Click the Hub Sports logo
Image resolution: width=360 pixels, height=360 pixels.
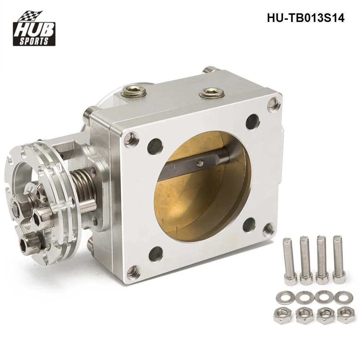(x=34, y=28)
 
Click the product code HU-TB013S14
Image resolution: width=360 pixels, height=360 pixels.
(x=305, y=18)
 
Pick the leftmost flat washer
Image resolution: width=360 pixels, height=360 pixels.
(x=283, y=298)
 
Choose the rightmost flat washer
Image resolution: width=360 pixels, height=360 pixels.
(x=341, y=297)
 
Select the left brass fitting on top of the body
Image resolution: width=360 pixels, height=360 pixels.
(x=134, y=92)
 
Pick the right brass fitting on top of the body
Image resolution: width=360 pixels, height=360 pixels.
(x=212, y=93)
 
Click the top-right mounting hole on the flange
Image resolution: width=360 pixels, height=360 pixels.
(x=253, y=121)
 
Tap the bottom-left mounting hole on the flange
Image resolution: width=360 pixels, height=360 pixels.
(x=156, y=254)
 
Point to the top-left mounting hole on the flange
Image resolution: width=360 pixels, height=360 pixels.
(x=155, y=146)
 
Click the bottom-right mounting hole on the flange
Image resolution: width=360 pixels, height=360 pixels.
(x=249, y=225)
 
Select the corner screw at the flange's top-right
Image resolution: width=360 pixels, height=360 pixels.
(x=274, y=104)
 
